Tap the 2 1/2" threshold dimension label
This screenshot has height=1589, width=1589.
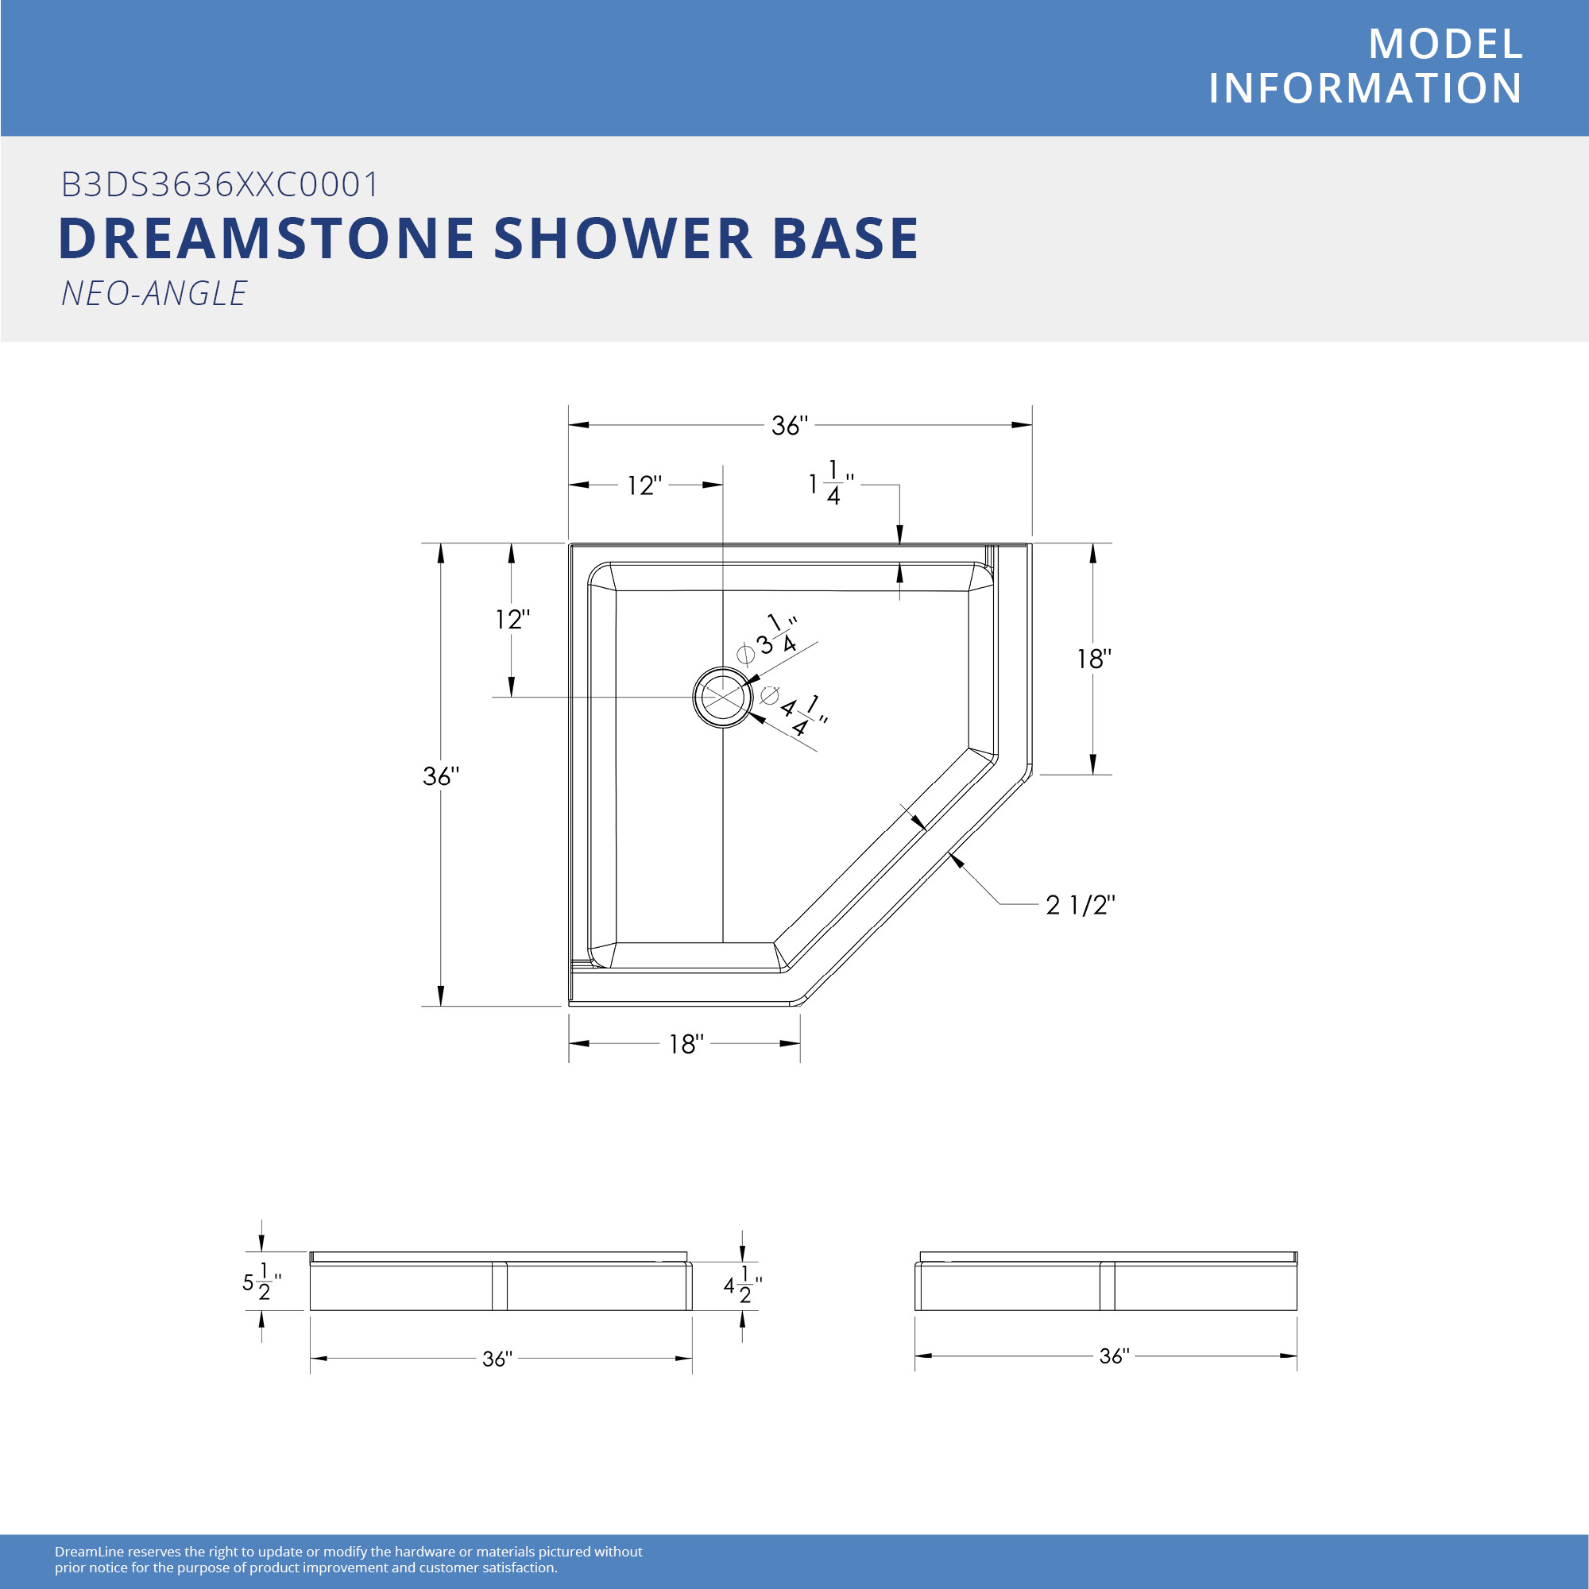coord(1080,905)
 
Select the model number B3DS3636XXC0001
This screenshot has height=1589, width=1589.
coord(219,184)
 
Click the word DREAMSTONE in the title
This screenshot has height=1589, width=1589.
coord(266,238)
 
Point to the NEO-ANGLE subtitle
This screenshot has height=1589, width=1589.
coord(154,294)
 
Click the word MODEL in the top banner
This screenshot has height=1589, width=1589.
coord(1446,44)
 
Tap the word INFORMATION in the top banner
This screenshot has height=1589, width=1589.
coord(1365,88)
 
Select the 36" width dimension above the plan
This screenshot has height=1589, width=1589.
coord(790,425)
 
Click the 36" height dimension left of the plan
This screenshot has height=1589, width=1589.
coord(441,775)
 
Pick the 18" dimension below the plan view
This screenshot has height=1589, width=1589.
coord(686,1044)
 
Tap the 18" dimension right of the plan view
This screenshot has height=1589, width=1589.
coord(1094,658)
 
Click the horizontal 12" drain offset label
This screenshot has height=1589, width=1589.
coord(644,485)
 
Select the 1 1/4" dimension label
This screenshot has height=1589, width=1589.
coord(832,483)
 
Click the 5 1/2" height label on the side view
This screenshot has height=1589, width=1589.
coord(261,1282)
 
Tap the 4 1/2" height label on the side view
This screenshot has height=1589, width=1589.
coord(743,1285)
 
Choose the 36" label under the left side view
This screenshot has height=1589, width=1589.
coord(497,1358)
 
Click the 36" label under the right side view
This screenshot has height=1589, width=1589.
coord(1115,1355)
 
